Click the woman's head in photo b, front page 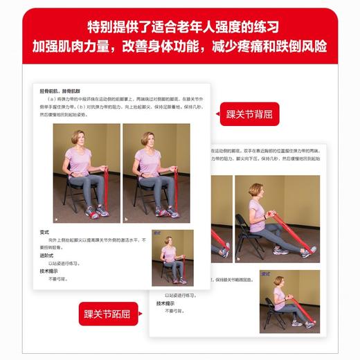pyautogui.click(x=147, y=138)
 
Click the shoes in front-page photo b pyautogui.click(x=167, y=212)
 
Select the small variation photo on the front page pyautogui.click(x=172, y=257)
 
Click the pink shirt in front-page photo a pyautogui.click(x=78, y=163)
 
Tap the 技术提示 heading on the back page pyautogui.click(x=165, y=303)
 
